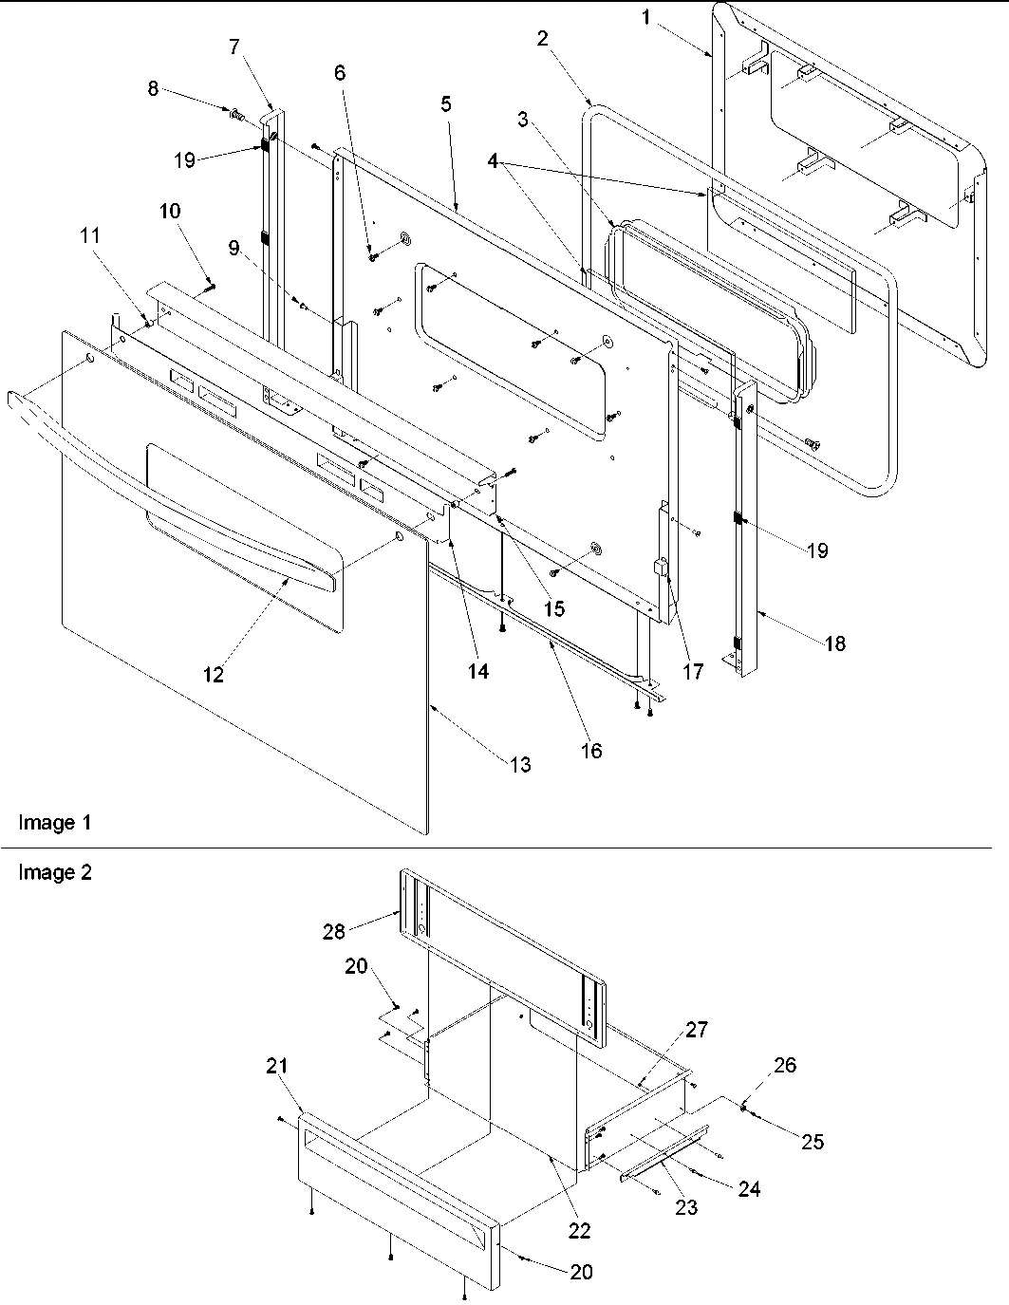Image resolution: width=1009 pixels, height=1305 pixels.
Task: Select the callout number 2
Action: click(x=542, y=39)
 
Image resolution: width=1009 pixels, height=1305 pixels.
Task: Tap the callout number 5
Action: click(x=445, y=104)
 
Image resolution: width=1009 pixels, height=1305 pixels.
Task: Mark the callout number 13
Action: click(x=520, y=764)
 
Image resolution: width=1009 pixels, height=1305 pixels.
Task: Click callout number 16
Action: click(x=590, y=751)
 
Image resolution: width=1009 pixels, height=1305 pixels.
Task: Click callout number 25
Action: click(x=813, y=1141)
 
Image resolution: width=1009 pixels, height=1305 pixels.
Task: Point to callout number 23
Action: click(x=685, y=1206)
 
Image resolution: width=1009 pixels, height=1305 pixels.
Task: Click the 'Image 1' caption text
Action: click(x=56, y=822)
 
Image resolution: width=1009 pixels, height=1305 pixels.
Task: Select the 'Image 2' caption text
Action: click(x=56, y=871)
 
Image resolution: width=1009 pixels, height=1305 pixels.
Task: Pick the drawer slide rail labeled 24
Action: click(x=664, y=1151)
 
